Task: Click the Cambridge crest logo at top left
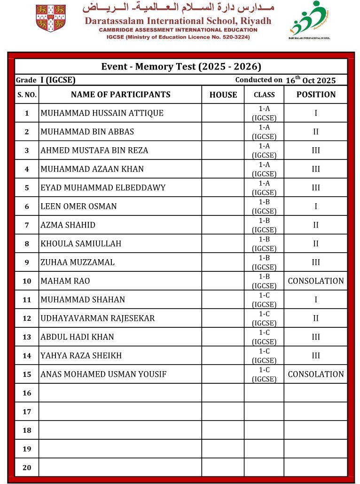click(51, 18)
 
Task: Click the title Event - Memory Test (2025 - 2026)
click(181, 66)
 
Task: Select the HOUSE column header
click(223, 95)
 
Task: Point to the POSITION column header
click(316, 95)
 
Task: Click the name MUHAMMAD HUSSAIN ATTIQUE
click(102, 113)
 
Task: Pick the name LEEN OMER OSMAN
click(79, 206)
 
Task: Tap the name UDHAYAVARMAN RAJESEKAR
click(98, 318)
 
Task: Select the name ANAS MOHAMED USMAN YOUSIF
click(103, 374)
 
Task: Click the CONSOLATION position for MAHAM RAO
click(316, 281)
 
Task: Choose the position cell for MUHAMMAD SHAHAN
click(316, 300)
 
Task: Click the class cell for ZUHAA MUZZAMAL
click(264, 262)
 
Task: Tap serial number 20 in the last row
click(27, 467)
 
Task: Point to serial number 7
click(27, 225)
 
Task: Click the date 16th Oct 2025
click(311, 80)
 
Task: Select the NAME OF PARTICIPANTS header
click(120, 95)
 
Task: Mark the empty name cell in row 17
click(120, 411)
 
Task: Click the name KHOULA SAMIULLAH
click(81, 244)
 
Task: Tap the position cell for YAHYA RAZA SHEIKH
click(316, 356)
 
